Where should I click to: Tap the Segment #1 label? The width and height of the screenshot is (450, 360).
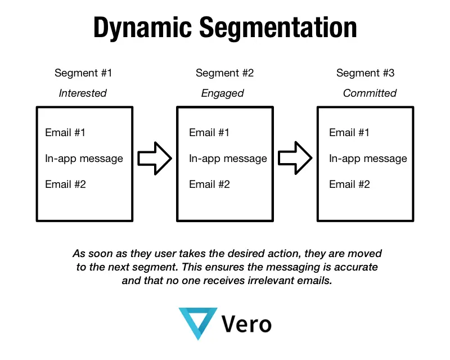[x=83, y=73]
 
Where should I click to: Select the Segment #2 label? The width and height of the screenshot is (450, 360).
[x=224, y=73]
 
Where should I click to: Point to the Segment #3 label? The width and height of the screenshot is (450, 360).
[x=365, y=73]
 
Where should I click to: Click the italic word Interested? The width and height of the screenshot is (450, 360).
[x=83, y=93]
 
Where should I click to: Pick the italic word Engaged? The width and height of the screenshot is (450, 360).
[x=222, y=93]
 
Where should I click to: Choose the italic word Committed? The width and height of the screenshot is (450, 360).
[x=370, y=93]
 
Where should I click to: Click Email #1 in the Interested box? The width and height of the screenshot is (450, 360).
[x=65, y=133]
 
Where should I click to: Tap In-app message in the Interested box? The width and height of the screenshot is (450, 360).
[x=84, y=159]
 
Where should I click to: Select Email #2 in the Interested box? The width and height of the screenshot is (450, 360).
[x=65, y=184]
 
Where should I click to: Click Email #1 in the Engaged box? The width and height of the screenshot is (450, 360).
[x=209, y=133]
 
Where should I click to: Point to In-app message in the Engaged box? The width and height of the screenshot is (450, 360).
[x=228, y=159]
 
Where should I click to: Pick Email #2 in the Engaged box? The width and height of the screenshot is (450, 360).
[x=209, y=184]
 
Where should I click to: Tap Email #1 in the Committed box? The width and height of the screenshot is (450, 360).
[x=349, y=133]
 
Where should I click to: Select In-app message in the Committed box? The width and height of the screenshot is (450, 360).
[x=368, y=159]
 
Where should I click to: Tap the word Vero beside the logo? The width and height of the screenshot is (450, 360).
[x=246, y=324]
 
